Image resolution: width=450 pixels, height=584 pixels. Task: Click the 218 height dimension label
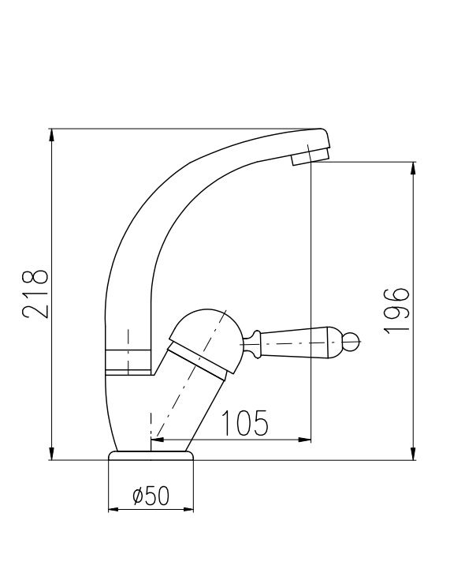(35, 294)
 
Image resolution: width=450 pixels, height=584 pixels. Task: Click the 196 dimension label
(396, 310)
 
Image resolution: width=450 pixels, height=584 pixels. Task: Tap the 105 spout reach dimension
(245, 423)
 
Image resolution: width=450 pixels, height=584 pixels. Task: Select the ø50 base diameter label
(151, 496)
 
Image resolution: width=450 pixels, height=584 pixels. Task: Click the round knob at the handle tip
(351, 343)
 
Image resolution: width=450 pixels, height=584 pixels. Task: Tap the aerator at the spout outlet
(310, 158)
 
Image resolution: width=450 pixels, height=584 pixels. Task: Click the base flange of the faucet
(151, 455)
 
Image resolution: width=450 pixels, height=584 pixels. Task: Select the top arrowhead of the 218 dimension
(52, 135)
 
